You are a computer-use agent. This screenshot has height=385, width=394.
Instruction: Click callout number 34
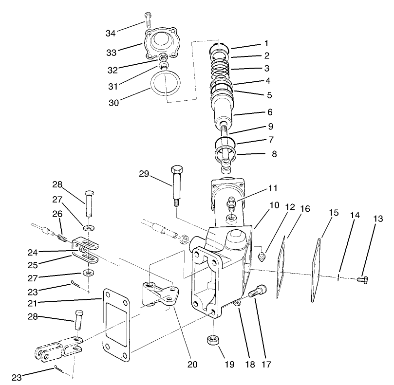[111, 33]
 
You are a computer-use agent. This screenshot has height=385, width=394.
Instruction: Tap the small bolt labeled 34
[146, 18]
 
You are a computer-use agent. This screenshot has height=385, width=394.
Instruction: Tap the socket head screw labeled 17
[257, 293]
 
